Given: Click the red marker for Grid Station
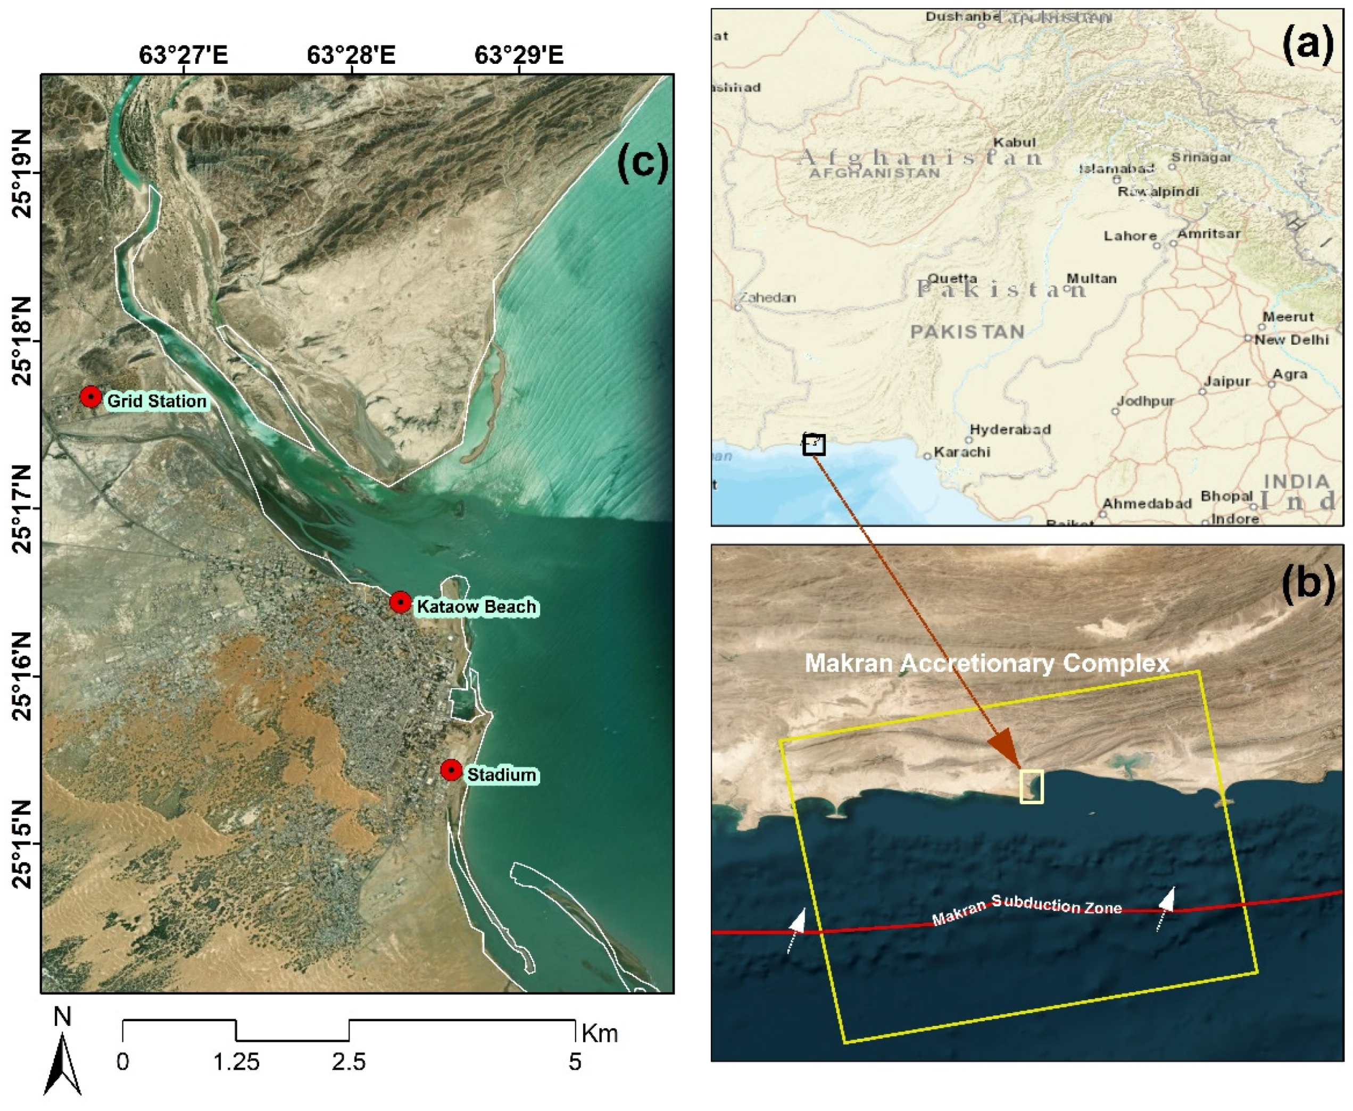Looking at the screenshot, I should pos(90,397).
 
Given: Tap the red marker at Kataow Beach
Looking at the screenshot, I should pos(400,602).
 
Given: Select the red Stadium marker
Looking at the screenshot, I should pos(451,770).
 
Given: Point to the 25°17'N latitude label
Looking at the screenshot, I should pos(21,509).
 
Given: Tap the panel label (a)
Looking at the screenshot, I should pos(1307,45).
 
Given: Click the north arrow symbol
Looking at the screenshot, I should pos(62,1063).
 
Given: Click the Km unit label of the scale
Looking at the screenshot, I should pos(599,1033).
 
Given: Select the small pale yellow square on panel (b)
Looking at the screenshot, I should pos(1031,786).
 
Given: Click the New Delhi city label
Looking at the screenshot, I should pos(1291,339).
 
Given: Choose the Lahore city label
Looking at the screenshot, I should pos(1130,236).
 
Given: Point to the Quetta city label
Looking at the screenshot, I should pos(952,278).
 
